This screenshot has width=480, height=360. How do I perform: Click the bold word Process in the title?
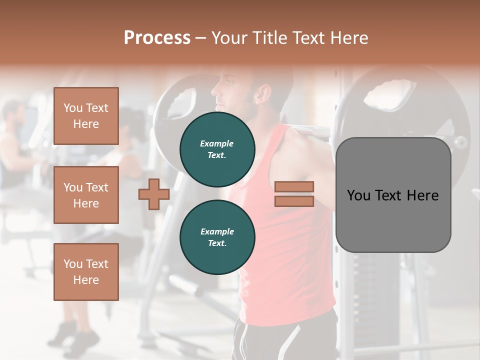point(157,38)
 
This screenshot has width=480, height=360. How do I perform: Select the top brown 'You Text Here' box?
point(86,116)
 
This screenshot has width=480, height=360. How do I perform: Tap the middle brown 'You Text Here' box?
point(86,195)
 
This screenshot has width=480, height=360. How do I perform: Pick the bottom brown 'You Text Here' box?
point(86,272)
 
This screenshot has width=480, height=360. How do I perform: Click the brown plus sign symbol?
point(153,194)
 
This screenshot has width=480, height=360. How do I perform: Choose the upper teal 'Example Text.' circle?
point(217,149)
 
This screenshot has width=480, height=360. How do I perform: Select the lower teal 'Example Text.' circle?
point(217,237)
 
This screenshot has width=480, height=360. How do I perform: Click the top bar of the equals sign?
point(294,187)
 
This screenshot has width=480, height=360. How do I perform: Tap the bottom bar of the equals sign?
point(294,201)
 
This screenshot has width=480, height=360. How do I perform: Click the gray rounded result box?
point(393,195)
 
